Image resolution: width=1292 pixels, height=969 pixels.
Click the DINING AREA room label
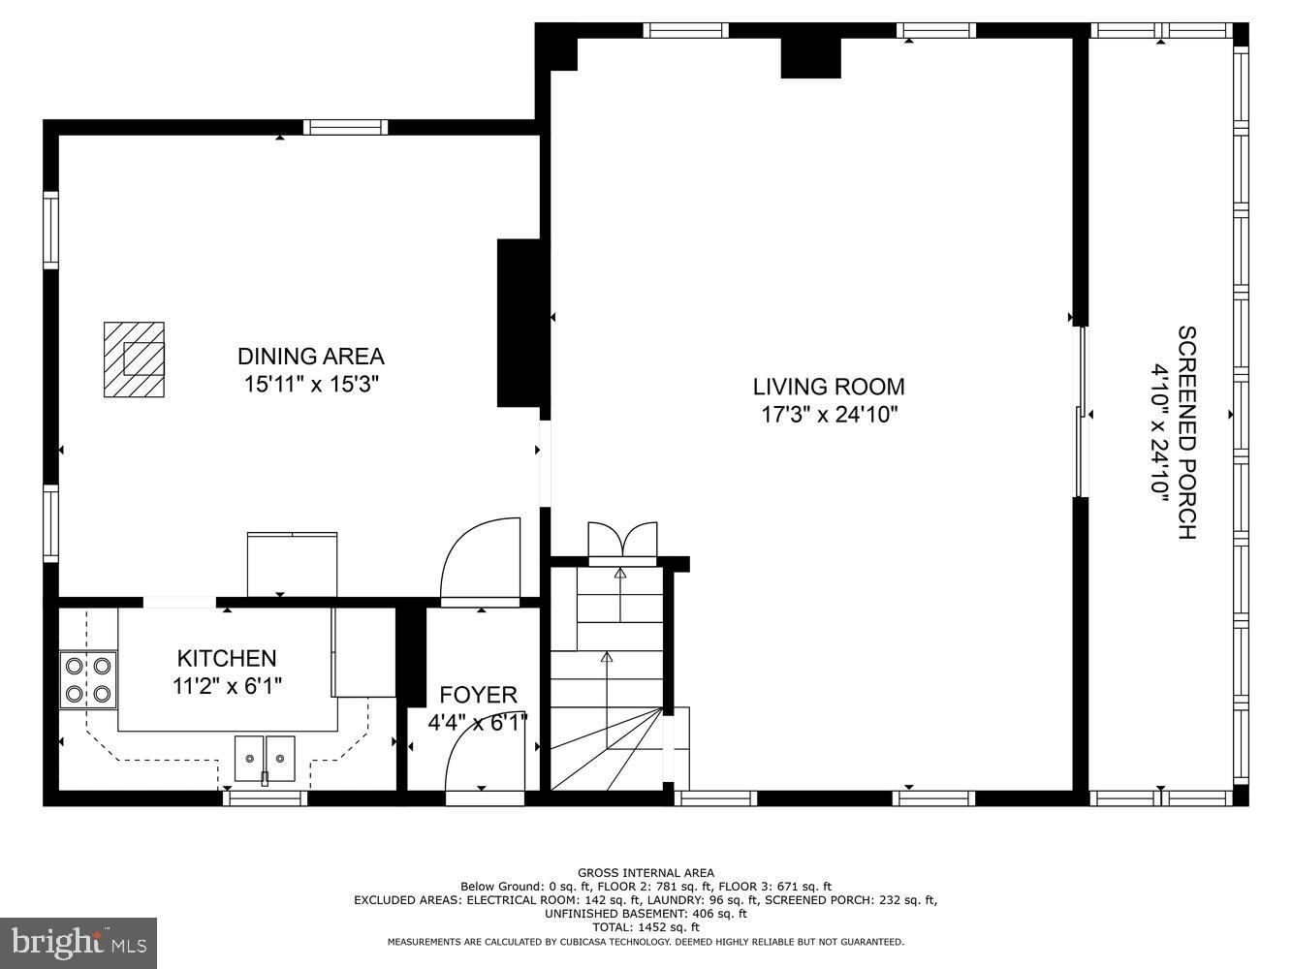(311, 357)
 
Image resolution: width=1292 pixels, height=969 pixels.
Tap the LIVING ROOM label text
(829, 387)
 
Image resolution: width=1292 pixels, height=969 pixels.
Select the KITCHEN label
(227, 659)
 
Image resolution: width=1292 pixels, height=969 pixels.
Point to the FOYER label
(478, 695)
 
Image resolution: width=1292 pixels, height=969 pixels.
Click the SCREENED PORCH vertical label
(1187, 432)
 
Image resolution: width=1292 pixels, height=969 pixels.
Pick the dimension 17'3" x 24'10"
(829, 416)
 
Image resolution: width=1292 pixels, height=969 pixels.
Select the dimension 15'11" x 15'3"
(311, 385)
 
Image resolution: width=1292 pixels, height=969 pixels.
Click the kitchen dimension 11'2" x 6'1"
(227, 687)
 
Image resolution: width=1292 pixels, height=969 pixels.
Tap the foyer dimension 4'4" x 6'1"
(478, 723)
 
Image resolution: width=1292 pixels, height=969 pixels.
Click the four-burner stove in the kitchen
(88, 679)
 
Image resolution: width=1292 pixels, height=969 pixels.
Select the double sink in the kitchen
(265, 756)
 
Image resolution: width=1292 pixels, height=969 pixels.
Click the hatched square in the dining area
(134, 359)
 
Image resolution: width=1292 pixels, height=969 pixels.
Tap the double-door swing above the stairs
(623, 541)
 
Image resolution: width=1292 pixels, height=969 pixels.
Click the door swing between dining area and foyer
(482, 562)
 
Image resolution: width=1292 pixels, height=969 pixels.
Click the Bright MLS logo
(79, 941)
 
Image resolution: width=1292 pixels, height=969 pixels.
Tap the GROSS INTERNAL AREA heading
(646, 873)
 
